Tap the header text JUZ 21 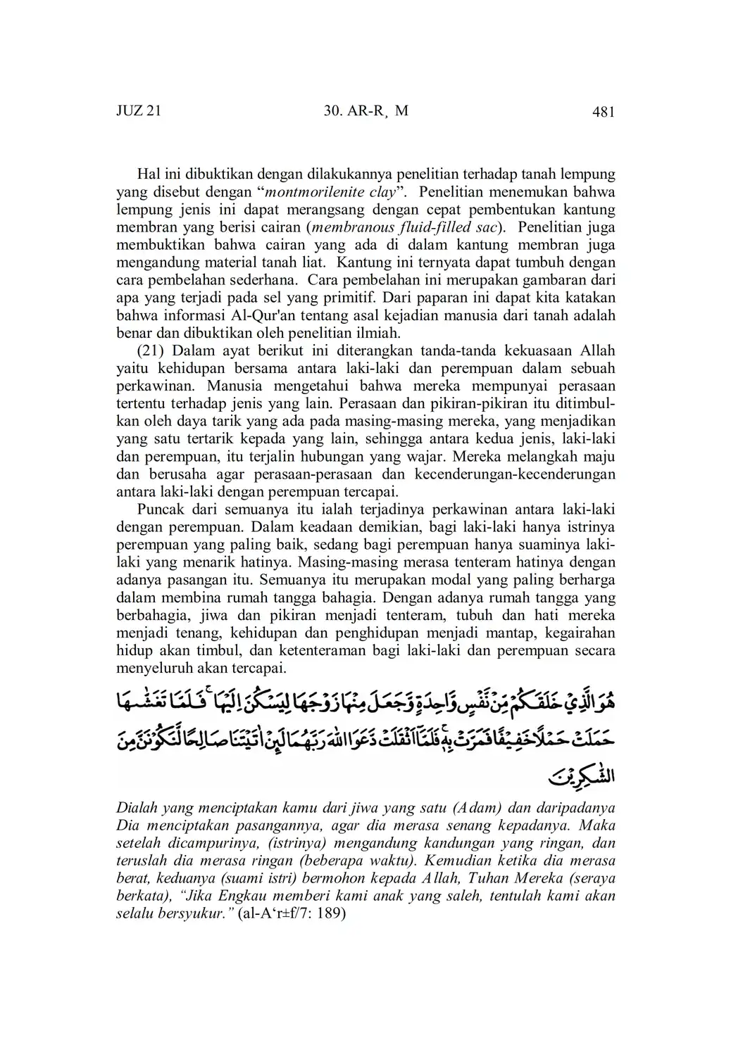pos(138,111)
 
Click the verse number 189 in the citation pos(333,914)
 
